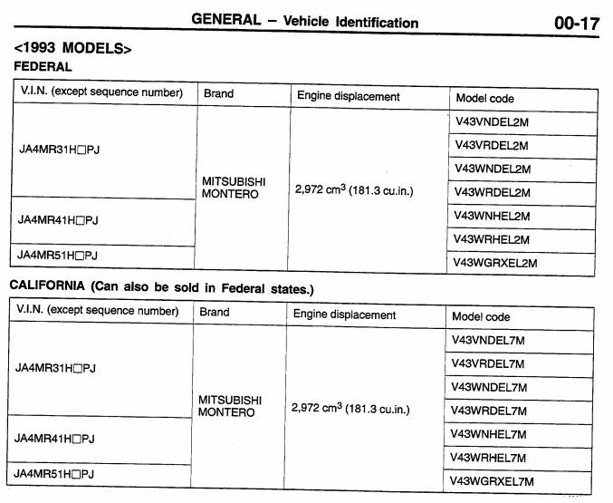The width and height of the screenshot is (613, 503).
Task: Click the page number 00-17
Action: pos(576,23)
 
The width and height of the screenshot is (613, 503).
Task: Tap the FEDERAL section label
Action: pos(43,67)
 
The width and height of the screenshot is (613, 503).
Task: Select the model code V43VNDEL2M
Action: pos(492,121)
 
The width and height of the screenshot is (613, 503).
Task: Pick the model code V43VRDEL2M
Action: pos(492,145)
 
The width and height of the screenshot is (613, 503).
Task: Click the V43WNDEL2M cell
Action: pos(493,169)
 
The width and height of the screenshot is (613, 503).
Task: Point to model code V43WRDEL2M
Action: pos(493,192)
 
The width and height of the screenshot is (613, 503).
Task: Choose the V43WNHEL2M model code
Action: pos(493,216)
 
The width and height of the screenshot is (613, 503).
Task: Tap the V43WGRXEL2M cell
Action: pos(496,263)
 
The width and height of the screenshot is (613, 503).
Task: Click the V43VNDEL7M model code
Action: pos(489,340)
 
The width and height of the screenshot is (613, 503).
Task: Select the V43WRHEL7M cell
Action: pos(489,458)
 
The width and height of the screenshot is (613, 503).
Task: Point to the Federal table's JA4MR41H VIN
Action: pos(59,220)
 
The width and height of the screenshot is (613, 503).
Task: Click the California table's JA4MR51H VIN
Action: pos(55,474)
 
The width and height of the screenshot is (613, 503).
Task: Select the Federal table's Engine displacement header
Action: pos(349,96)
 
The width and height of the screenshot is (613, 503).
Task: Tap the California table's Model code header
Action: pos(481,317)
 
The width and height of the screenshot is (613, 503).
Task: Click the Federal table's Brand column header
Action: pos(218,93)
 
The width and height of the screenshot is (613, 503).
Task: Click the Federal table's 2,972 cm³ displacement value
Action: pos(354,190)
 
